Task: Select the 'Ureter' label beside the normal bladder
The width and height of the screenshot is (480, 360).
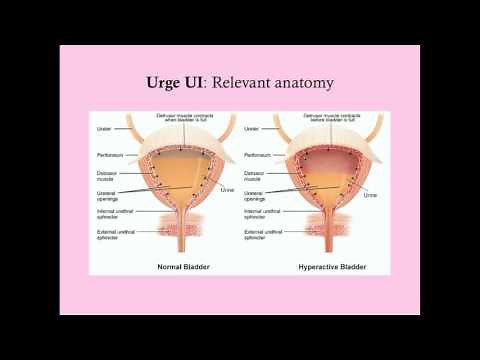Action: [103, 128]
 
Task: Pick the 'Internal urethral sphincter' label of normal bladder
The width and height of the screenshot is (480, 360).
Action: [109, 213]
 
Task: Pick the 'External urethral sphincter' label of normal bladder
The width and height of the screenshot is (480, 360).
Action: [109, 234]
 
